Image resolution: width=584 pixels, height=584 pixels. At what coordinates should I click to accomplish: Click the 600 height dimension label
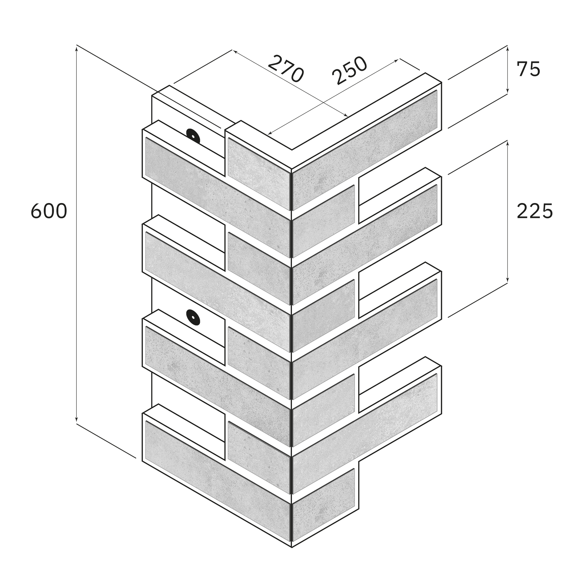49,211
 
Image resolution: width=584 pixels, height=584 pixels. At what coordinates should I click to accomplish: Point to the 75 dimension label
528,69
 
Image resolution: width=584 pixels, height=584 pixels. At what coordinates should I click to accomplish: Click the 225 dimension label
535,211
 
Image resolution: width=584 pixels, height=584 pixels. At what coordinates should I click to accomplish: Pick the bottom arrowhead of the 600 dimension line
76,420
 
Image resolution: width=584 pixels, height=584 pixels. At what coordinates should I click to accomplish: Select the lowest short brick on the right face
324,493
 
